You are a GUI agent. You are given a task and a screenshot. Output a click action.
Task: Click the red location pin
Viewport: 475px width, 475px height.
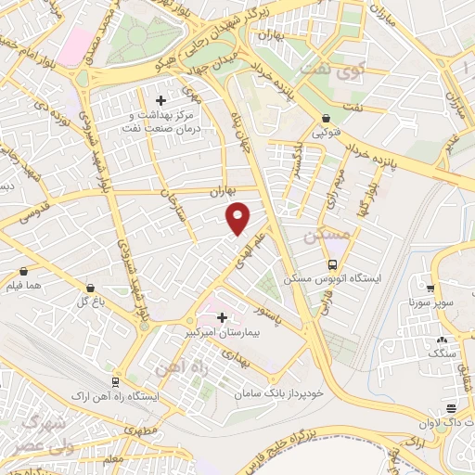tap(238, 218)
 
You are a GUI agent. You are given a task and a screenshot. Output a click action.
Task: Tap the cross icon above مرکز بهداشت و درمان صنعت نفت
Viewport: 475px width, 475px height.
tap(160, 100)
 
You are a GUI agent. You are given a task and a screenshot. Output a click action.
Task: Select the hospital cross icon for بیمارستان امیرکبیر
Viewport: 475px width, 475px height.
tap(222, 317)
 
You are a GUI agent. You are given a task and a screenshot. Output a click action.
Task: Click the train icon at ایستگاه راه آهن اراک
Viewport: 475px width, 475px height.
tap(116, 382)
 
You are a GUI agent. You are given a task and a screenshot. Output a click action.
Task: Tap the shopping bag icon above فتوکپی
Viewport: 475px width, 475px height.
tap(327, 119)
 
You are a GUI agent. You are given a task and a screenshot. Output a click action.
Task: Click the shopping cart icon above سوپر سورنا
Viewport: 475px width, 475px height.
tap(430, 288)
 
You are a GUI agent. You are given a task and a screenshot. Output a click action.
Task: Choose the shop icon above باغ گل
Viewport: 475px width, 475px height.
tap(89, 288)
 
